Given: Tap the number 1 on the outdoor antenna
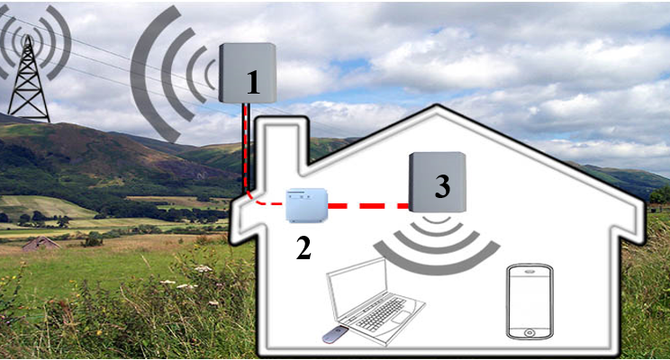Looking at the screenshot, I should [253, 83].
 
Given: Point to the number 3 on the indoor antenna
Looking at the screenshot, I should [441, 186].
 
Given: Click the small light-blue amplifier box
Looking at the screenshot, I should [305, 205].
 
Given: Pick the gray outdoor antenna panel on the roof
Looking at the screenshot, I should [245, 72].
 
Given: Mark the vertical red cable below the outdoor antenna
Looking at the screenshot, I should [247, 144].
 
